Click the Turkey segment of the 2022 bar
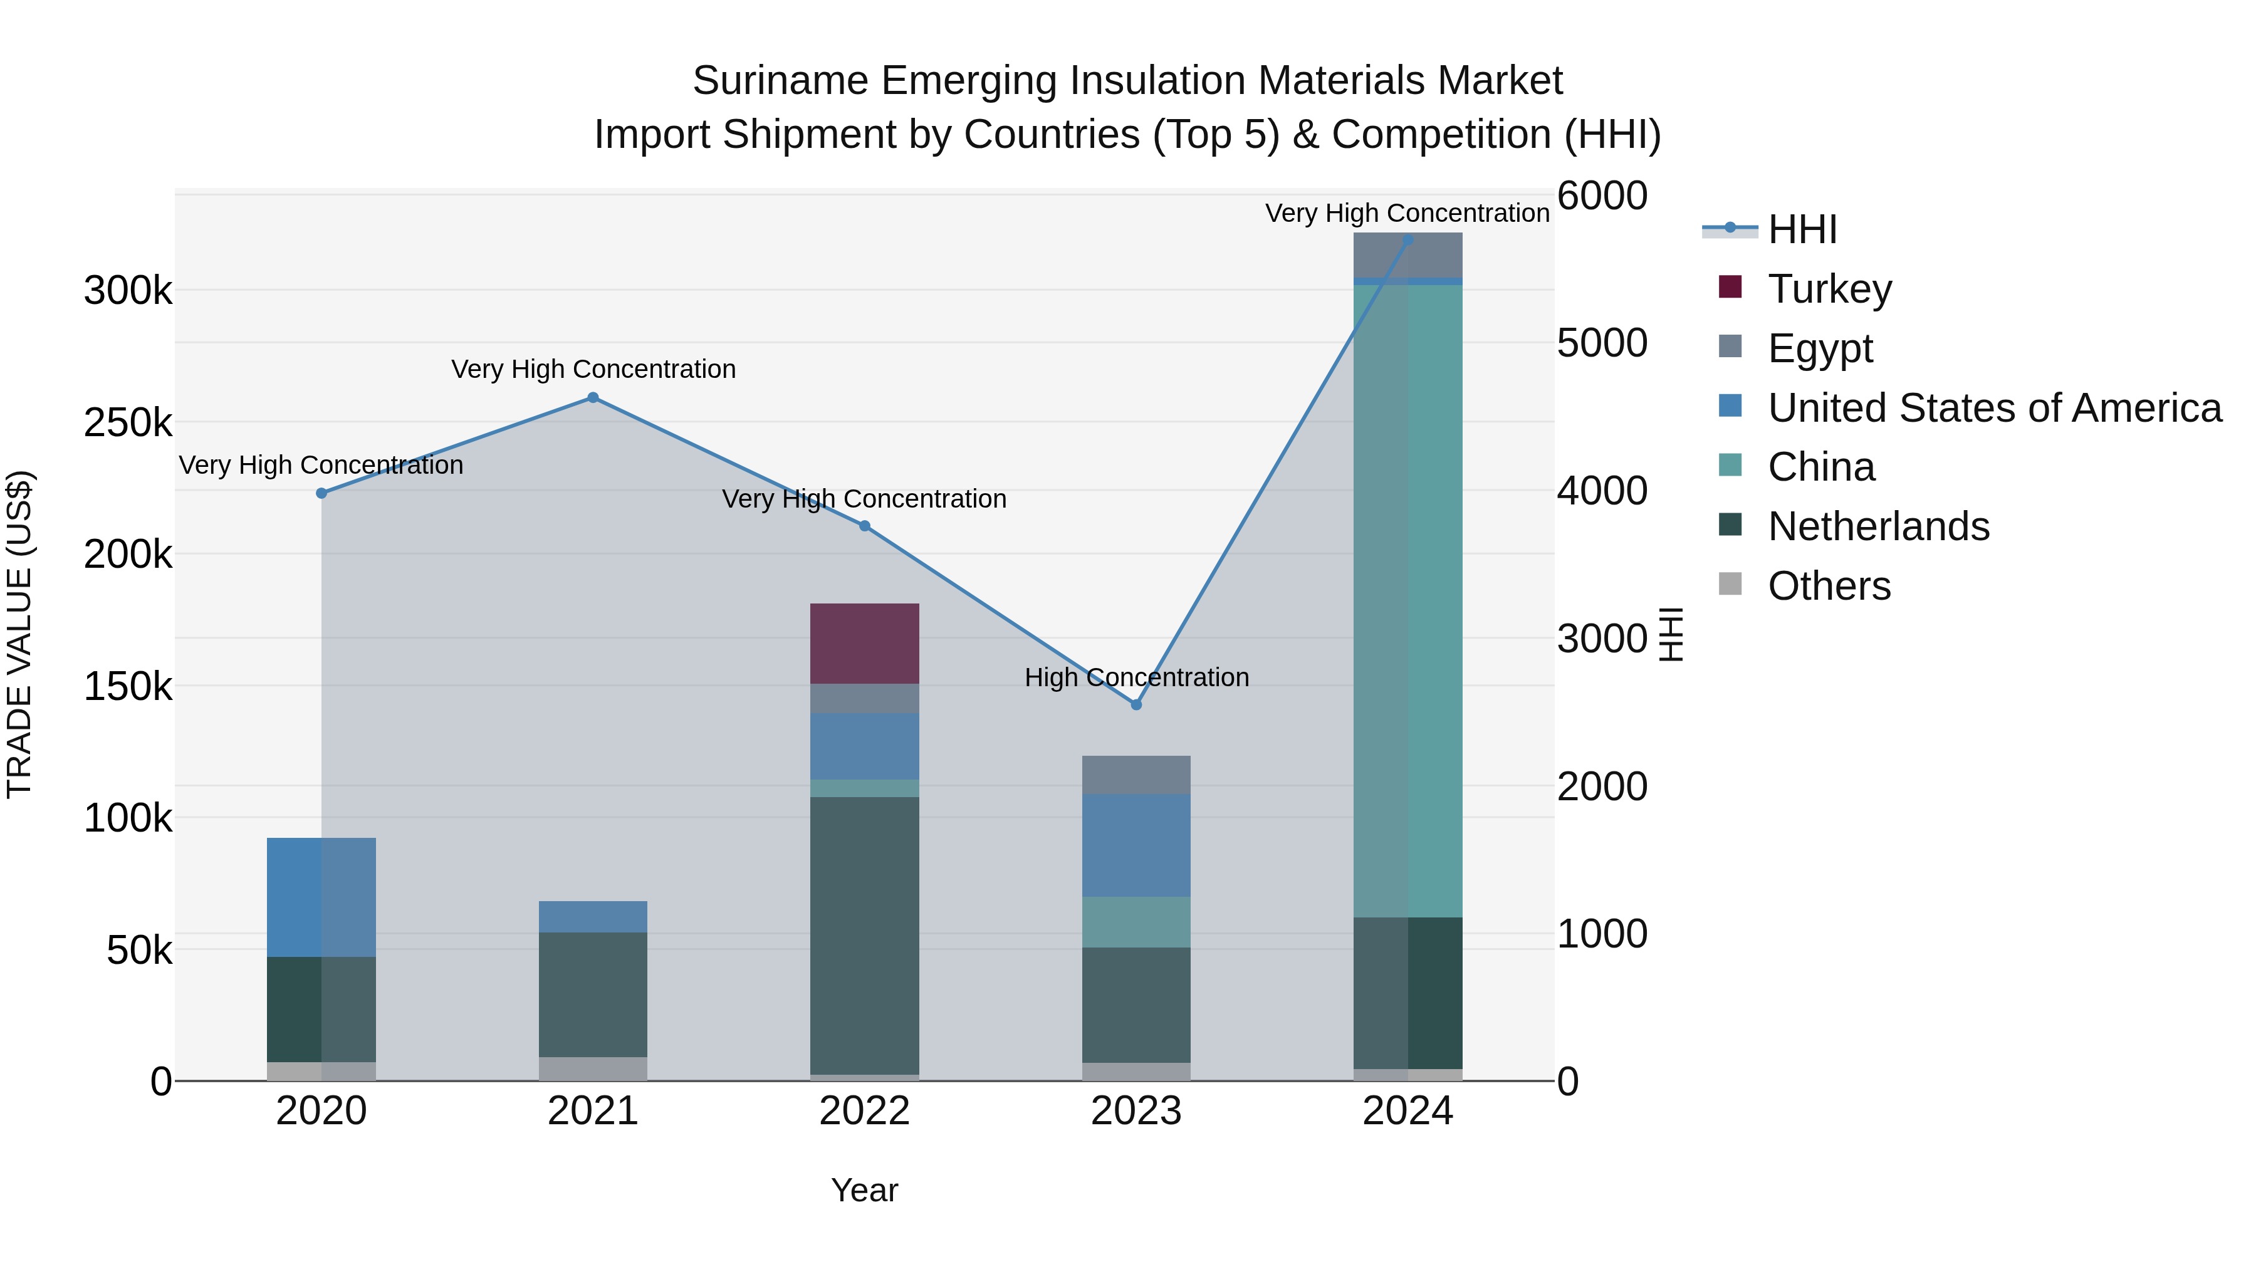pos(864,643)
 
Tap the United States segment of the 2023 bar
pos(1136,845)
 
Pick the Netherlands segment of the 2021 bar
pos(592,994)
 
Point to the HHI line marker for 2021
pos(592,397)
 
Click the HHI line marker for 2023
pos(1136,705)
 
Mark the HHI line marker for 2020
pos(321,493)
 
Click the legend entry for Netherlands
pos(1877,526)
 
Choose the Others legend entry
pos(1829,586)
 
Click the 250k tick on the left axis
pos(128,423)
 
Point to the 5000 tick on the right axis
pos(1602,343)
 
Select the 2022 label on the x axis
pos(864,1111)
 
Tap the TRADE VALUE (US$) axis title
pos(19,634)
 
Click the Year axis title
pos(864,1190)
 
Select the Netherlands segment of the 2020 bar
pos(321,1009)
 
